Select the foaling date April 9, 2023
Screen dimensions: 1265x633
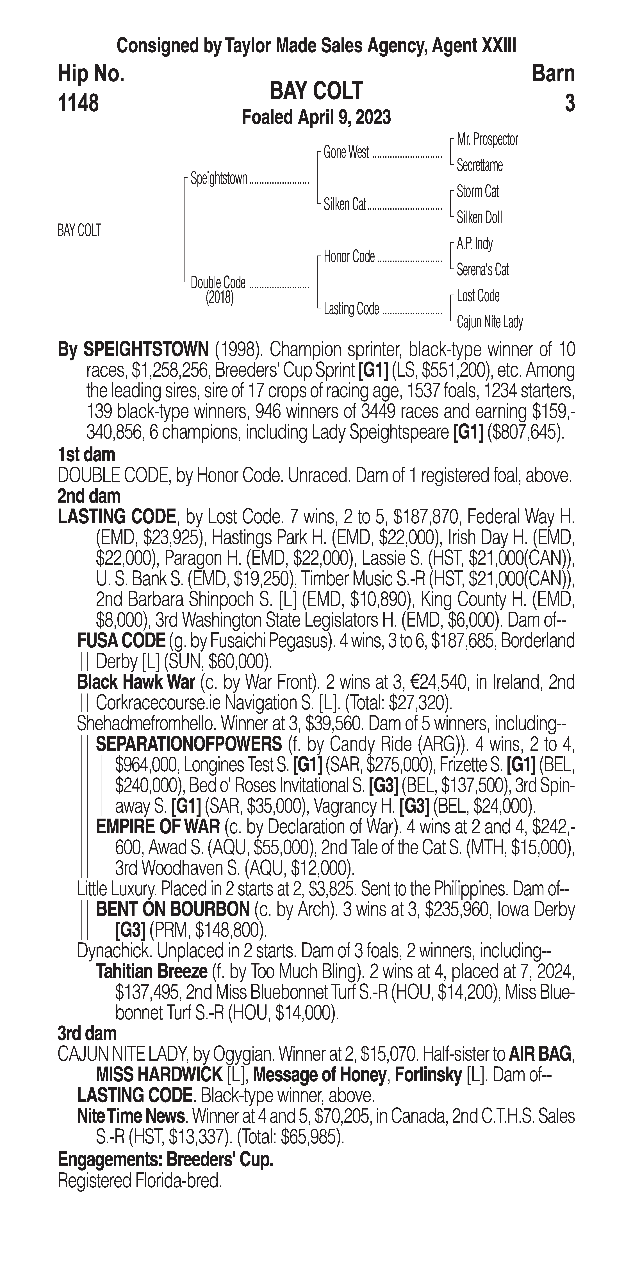pos(316,117)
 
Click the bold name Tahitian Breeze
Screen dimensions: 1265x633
pos(152,971)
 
